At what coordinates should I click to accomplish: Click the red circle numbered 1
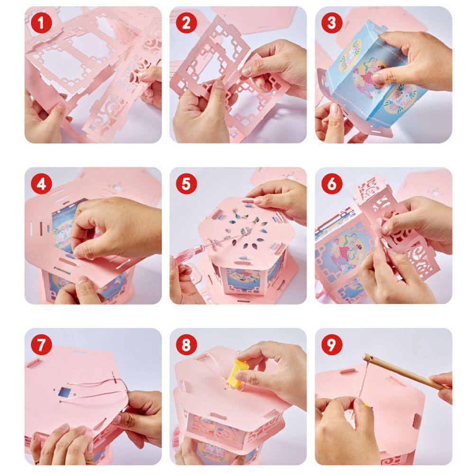41,23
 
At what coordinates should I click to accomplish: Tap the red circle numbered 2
186,23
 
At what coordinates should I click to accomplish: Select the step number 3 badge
332,23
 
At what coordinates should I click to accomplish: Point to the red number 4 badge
41,184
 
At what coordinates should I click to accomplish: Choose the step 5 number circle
186,184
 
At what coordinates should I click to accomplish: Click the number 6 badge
332,184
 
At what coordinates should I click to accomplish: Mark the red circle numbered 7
41,345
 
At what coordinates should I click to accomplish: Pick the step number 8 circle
186,345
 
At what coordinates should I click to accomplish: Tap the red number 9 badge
332,345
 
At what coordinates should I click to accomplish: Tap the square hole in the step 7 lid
64,392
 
